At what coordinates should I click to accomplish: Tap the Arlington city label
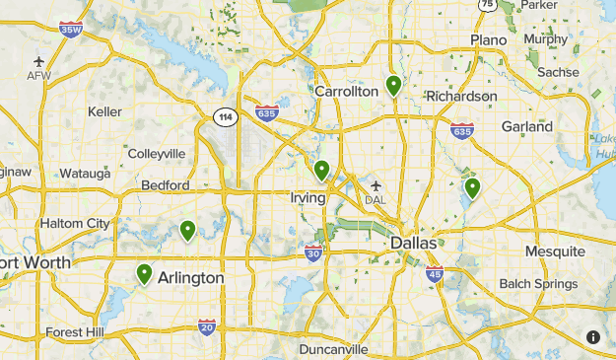pos(190,278)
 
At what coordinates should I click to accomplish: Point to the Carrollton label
pos(346,91)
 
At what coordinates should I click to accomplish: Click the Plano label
pos(488,39)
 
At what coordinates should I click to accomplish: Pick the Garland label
pos(526,126)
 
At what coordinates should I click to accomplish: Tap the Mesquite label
pos(554,252)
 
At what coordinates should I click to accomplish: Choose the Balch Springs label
pos(538,284)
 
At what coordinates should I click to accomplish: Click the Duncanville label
pos(334,349)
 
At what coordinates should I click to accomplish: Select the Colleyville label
pos(156,154)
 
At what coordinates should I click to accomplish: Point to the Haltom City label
pos(75,224)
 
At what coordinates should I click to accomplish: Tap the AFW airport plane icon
pos(38,60)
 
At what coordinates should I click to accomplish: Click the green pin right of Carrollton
pos(393,86)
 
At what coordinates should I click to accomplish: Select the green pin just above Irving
pos(321,171)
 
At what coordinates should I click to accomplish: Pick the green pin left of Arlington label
pos(145,273)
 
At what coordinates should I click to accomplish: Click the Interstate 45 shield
pos(435,273)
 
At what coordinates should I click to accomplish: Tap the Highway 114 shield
pos(225,117)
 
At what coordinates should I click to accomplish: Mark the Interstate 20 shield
pos(206,326)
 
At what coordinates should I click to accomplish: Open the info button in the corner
pos(593,337)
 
